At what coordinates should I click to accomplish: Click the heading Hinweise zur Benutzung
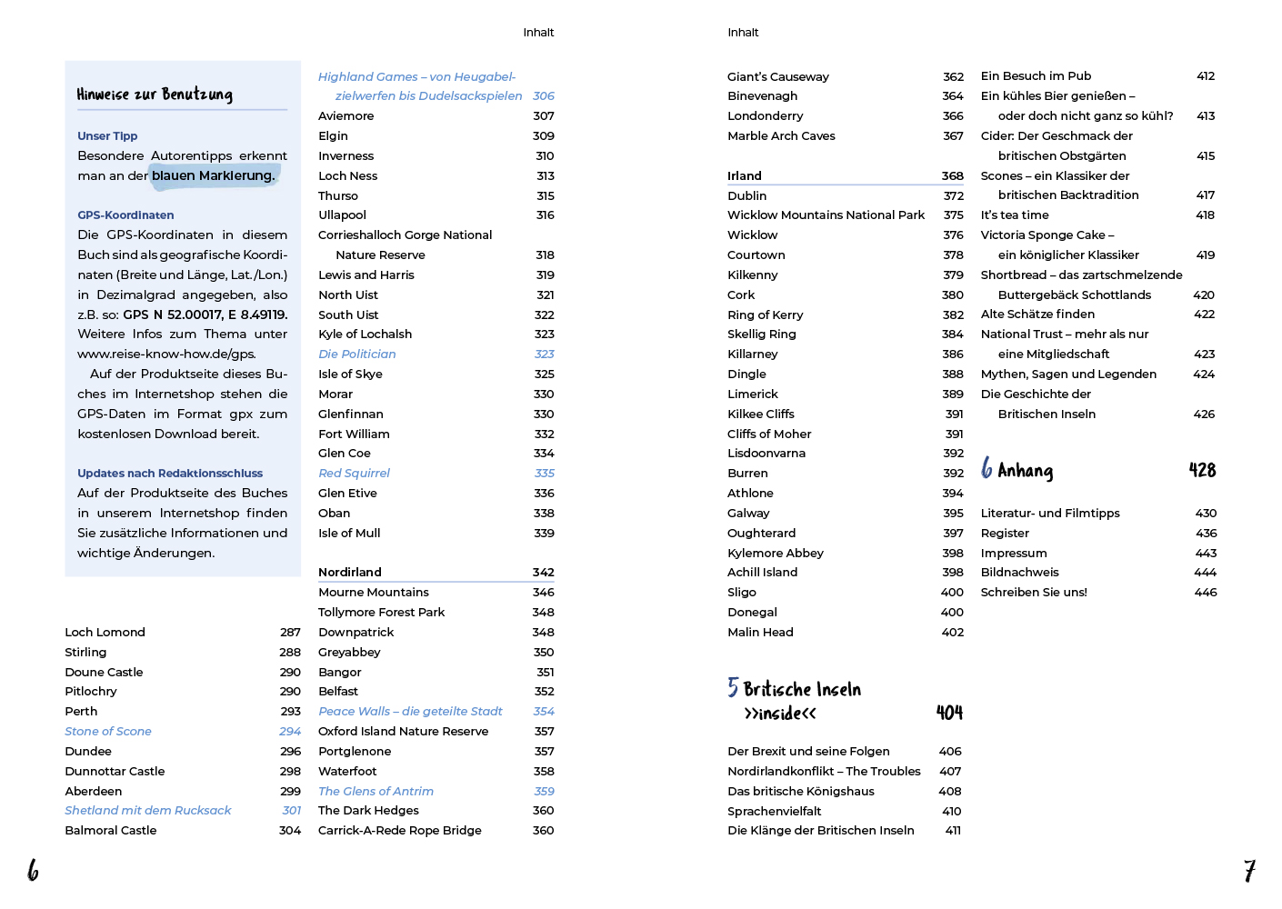pyautogui.click(x=155, y=95)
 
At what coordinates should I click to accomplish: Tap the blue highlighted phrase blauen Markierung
pyautogui.click(x=214, y=175)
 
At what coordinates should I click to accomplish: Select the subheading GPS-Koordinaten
pyautogui.click(x=125, y=215)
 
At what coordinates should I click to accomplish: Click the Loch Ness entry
pyautogui.click(x=347, y=176)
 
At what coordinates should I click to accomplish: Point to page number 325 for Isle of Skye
pyautogui.click(x=544, y=375)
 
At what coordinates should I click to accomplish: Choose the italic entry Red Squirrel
pyautogui.click(x=354, y=474)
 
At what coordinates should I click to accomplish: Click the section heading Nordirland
pyautogui.click(x=350, y=573)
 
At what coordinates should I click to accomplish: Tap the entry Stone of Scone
pyautogui.click(x=108, y=732)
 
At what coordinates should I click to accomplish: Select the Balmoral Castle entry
pyautogui.click(x=111, y=831)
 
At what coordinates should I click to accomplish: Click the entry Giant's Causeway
pyautogui.click(x=778, y=77)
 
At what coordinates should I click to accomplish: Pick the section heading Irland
pyautogui.click(x=745, y=176)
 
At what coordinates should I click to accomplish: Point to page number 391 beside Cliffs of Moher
pyautogui.click(x=954, y=435)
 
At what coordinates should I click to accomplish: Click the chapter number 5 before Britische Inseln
pyautogui.click(x=733, y=687)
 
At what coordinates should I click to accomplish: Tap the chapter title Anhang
pyautogui.click(x=1025, y=470)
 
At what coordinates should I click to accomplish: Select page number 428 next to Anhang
pyautogui.click(x=1202, y=470)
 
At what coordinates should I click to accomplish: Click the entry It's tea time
pyautogui.click(x=1015, y=215)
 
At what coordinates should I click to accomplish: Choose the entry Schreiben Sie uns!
pyautogui.click(x=1034, y=593)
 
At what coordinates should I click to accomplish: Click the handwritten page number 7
pyautogui.click(x=1249, y=871)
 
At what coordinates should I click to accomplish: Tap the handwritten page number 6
pyautogui.click(x=33, y=871)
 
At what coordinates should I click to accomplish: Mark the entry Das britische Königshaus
pyautogui.click(x=801, y=792)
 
